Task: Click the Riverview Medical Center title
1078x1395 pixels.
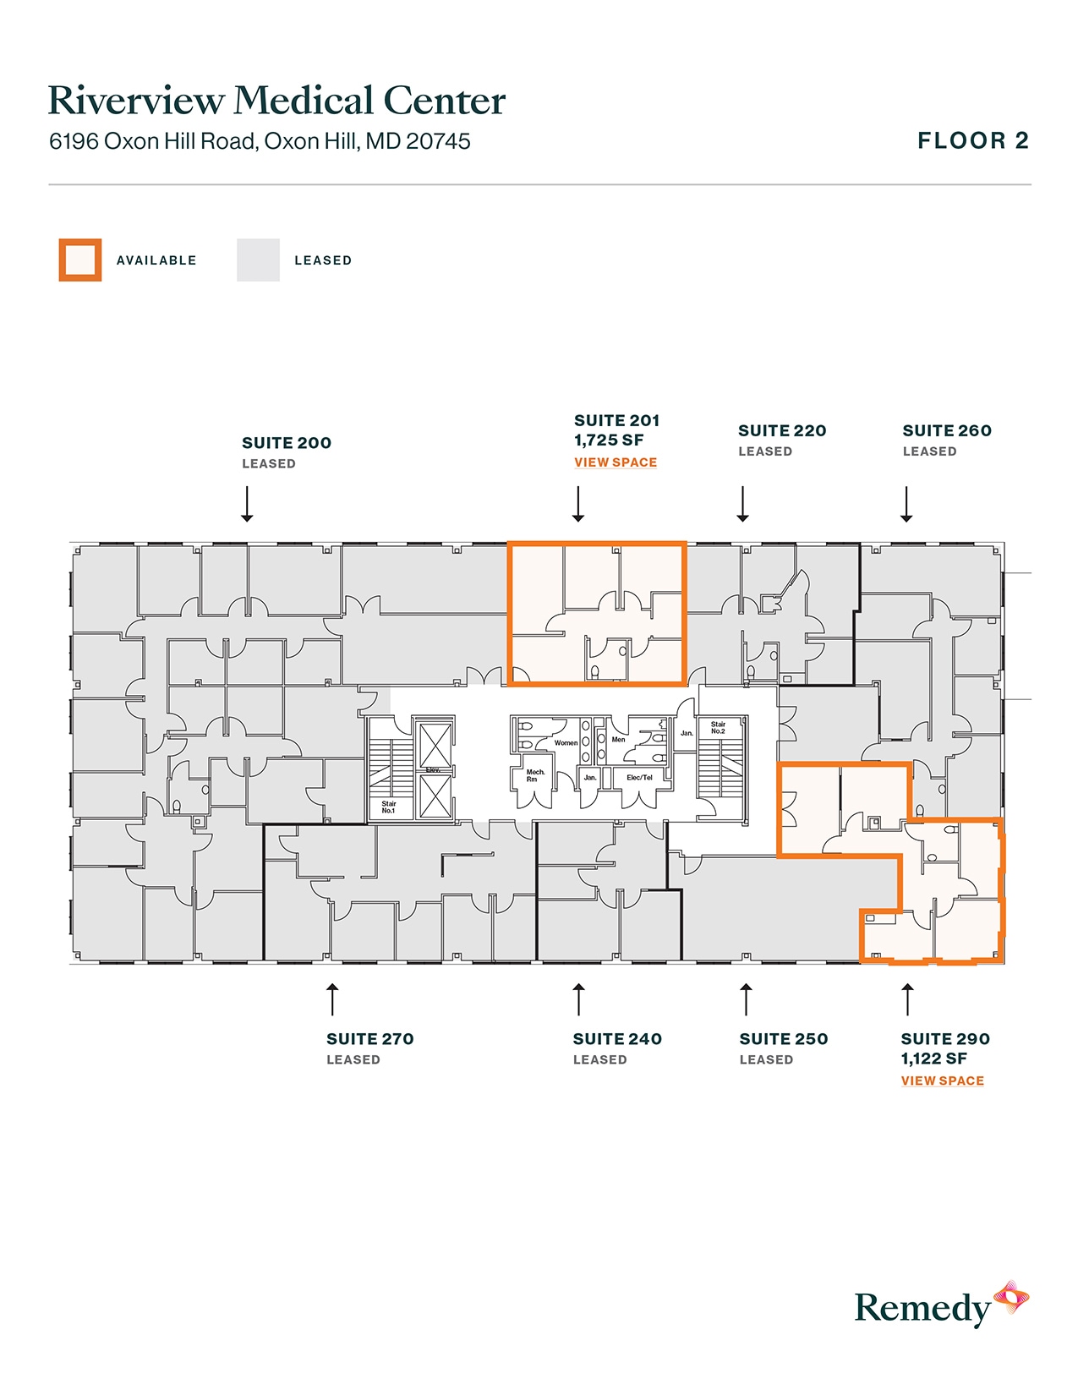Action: (x=276, y=101)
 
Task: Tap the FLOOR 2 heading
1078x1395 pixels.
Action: (x=972, y=140)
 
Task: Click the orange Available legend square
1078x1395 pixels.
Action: (x=80, y=260)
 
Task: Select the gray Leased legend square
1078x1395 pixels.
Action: (x=258, y=260)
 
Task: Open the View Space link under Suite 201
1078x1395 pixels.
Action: (x=615, y=462)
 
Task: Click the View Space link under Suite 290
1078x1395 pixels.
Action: (x=942, y=1080)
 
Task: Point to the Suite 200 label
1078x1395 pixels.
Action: (x=287, y=443)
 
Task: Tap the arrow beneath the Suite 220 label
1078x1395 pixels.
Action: (x=742, y=504)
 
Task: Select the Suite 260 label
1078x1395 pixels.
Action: (x=946, y=431)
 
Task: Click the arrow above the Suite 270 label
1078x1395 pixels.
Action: (x=332, y=999)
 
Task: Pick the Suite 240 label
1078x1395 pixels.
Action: (x=617, y=1039)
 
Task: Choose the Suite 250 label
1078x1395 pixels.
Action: (x=783, y=1039)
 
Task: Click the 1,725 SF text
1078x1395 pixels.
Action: (x=609, y=440)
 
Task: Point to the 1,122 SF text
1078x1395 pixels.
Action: (x=933, y=1059)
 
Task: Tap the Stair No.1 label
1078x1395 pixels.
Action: (x=388, y=807)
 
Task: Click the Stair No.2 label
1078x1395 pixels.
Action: (x=718, y=727)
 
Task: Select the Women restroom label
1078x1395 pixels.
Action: (x=566, y=743)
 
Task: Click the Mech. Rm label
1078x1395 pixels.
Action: (x=535, y=775)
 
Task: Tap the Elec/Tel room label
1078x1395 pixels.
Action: (x=639, y=778)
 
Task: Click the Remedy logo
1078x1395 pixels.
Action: (x=941, y=1306)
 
